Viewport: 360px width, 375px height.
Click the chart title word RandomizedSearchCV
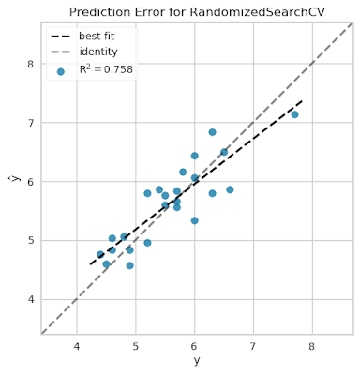pyautogui.click(x=237, y=12)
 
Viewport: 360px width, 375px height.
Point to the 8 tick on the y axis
pyautogui.click(x=31, y=65)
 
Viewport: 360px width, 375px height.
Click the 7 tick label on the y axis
pyautogui.click(x=31, y=123)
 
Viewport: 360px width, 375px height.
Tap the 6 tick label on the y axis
pyautogui.click(x=31, y=182)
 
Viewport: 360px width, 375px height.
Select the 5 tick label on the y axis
pyautogui.click(x=31, y=240)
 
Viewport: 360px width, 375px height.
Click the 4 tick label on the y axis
pyautogui.click(x=31, y=299)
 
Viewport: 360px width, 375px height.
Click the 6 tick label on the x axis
pyautogui.click(x=194, y=346)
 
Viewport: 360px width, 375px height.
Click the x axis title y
pyautogui.click(x=196, y=361)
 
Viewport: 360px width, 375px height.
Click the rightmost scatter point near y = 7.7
pyautogui.click(x=294, y=114)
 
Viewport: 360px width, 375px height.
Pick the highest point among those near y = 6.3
pyautogui.click(x=212, y=132)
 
